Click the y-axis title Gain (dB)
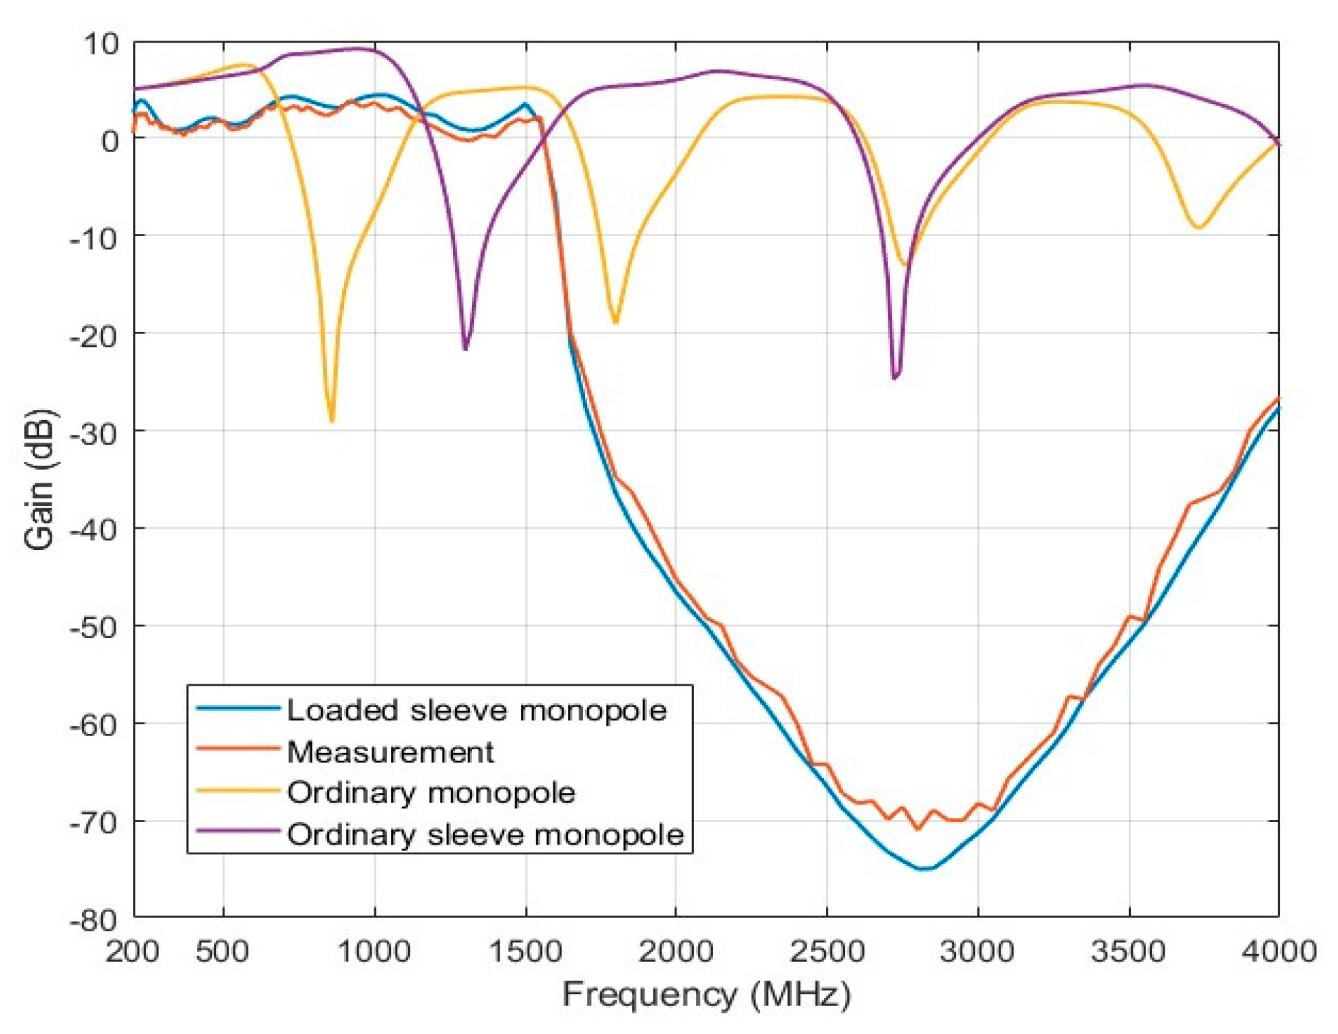click(x=39, y=480)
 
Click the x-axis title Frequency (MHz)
click(x=706, y=995)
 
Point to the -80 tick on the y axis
click(x=95, y=920)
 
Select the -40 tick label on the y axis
click(x=95, y=529)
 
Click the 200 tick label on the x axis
click(x=132, y=952)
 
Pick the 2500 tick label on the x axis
click(x=827, y=952)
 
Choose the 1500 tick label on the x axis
click(x=526, y=952)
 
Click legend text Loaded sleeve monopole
click(x=476, y=710)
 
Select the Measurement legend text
click(x=390, y=752)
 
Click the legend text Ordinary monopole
click(x=431, y=792)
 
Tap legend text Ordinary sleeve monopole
click(x=485, y=834)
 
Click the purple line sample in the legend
click(x=237, y=831)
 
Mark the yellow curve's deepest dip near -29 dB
click(x=332, y=421)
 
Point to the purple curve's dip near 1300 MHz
click(x=465, y=349)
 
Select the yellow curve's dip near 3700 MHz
click(x=1198, y=227)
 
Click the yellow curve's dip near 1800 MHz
click(x=615, y=322)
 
